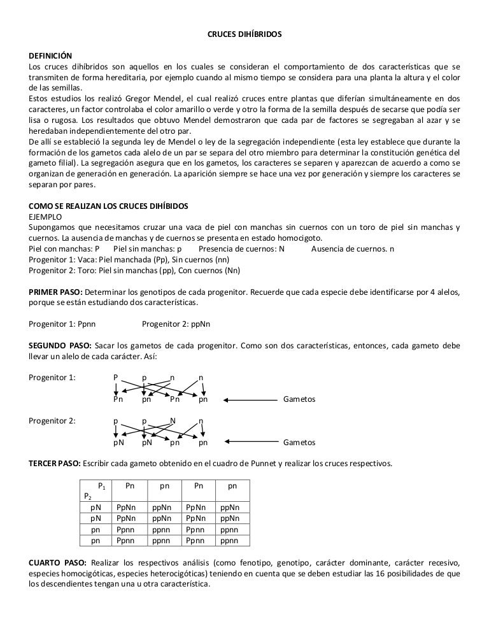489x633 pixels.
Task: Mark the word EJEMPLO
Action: (48, 217)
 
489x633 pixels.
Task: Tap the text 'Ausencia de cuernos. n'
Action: (353, 248)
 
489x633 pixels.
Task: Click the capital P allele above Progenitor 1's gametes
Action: (115, 377)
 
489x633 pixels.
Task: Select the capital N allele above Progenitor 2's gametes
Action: (173, 420)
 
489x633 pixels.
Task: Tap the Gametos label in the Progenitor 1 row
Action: (299, 400)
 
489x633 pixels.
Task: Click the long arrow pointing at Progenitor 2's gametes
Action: (250, 442)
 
